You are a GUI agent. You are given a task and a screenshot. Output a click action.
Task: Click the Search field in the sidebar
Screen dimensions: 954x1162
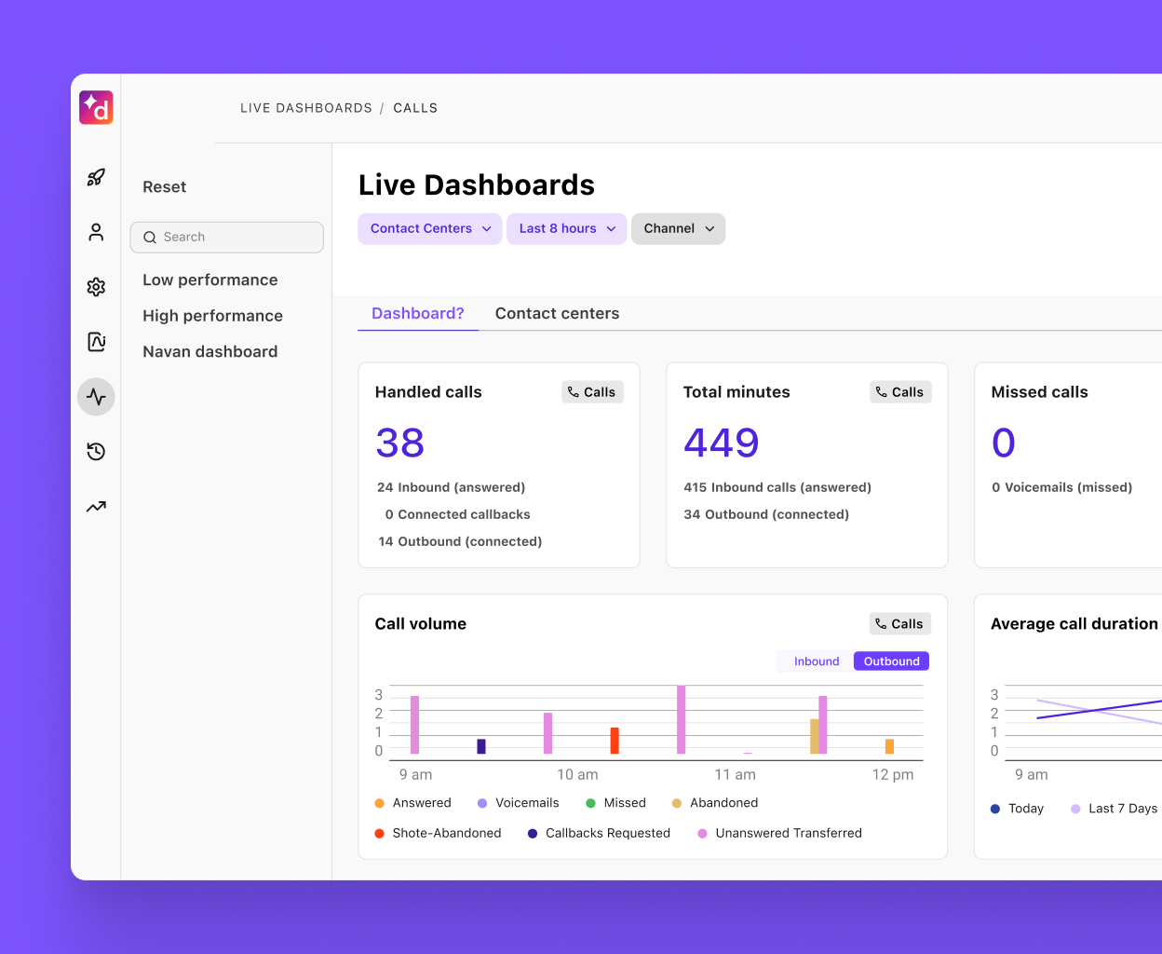pos(227,238)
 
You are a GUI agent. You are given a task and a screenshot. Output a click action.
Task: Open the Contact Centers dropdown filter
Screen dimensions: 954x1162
pos(429,229)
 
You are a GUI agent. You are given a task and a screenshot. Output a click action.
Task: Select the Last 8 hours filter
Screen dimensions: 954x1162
pos(566,229)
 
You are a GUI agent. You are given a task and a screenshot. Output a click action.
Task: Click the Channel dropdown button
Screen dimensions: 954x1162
pos(678,229)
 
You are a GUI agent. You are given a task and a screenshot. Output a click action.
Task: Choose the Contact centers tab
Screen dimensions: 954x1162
pos(557,314)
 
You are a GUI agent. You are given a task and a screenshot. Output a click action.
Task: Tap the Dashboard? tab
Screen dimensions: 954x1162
pos(417,314)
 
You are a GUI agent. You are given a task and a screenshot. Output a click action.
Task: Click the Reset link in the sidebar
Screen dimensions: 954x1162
pos(164,187)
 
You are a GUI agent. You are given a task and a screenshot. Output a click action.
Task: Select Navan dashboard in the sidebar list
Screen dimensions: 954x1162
pos(209,352)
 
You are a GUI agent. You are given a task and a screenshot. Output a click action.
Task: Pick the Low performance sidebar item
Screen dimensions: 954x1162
pos(209,280)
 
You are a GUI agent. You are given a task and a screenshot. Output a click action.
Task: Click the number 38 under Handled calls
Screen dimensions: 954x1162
pos(399,443)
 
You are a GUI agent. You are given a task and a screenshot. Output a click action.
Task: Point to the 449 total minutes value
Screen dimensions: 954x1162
pos(721,443)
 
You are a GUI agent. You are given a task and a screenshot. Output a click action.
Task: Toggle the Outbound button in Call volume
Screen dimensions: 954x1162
pos(891,661)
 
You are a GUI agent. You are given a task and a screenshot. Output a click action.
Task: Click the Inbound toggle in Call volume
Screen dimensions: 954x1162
pos(816,661)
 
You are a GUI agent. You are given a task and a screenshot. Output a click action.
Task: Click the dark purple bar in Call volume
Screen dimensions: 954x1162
pos(481,746)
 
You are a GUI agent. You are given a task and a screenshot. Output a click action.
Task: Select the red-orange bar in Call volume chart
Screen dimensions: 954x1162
pos(615,741)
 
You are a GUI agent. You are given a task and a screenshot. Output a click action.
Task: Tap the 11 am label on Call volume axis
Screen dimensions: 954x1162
pos(735,775)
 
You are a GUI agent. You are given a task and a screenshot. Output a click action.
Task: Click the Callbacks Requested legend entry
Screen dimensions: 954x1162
pos(607,834)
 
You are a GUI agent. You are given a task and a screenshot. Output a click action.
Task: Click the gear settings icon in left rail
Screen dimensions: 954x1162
pos(96,287)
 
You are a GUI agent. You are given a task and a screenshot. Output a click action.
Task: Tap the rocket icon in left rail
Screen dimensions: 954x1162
pos(96,177)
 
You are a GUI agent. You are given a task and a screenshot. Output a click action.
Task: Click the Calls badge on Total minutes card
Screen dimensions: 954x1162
pos(900,392)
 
